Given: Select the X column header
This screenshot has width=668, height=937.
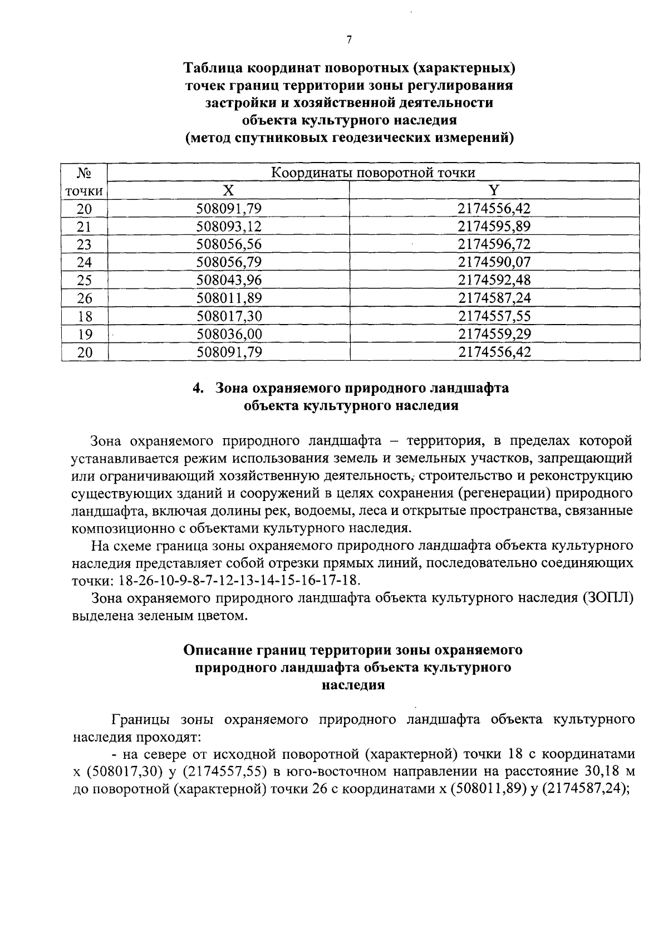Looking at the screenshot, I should click(x=228, y=190).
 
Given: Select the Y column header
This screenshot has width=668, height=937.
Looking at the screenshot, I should click(x=494, y=190).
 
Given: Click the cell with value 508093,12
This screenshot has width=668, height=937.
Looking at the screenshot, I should click(x=229, y=227).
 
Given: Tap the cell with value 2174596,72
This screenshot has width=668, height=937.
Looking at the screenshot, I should click(x=494, y=244).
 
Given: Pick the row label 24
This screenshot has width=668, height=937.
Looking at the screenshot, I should click(x=84, y=262).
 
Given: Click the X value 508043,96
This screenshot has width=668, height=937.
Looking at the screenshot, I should click(x=229, y=280).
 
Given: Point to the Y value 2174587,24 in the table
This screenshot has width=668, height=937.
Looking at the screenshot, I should click(x=494, y=298).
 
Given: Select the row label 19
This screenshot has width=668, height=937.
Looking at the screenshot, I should click(x=84, y=334).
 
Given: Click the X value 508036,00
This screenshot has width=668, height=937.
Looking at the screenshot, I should click(x=229, y=334).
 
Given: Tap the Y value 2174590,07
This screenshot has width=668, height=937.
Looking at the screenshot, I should click(x=494, y=262).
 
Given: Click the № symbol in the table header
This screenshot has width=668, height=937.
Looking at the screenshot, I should click(x=84, y=173).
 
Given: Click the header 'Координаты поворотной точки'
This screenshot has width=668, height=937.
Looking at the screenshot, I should click(x=373, y=173).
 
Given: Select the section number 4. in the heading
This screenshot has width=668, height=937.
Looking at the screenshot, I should click(x=198, y=388).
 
